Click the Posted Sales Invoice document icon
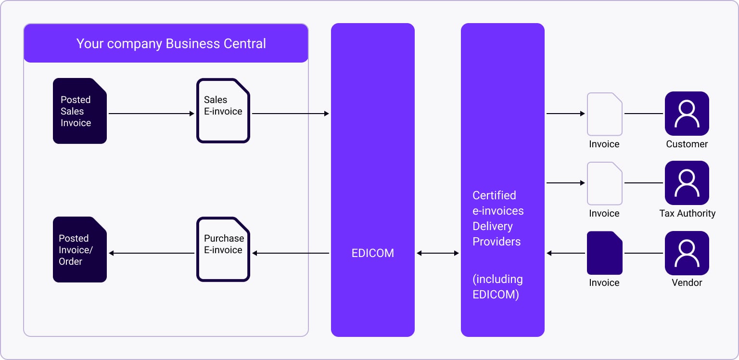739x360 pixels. point(79,111)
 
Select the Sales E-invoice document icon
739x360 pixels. point(223,111)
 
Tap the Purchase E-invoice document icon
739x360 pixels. point(223,249)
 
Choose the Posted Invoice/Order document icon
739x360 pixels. point(79,249)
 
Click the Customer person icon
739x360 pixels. point(687,114)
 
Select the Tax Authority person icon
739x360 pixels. point(687,183)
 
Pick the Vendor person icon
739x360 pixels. point(687,253)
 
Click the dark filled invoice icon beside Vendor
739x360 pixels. point(604,253)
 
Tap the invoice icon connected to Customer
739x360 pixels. point(604,114)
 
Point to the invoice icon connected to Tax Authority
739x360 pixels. point(604,183)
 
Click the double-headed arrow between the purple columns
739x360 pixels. point(437,253)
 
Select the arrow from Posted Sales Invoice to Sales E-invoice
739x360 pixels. point(151,114)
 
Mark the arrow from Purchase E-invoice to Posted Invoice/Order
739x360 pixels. point(151,253)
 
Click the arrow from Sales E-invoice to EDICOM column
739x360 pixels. point(290,114)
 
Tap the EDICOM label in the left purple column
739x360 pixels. point(372,253)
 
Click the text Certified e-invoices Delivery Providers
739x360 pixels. point(497,219)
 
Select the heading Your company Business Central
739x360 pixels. point(171,44)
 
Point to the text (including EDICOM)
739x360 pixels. point(497,287)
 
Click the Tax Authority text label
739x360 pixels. point(687,213)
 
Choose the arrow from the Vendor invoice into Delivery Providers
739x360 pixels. point(565,253)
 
